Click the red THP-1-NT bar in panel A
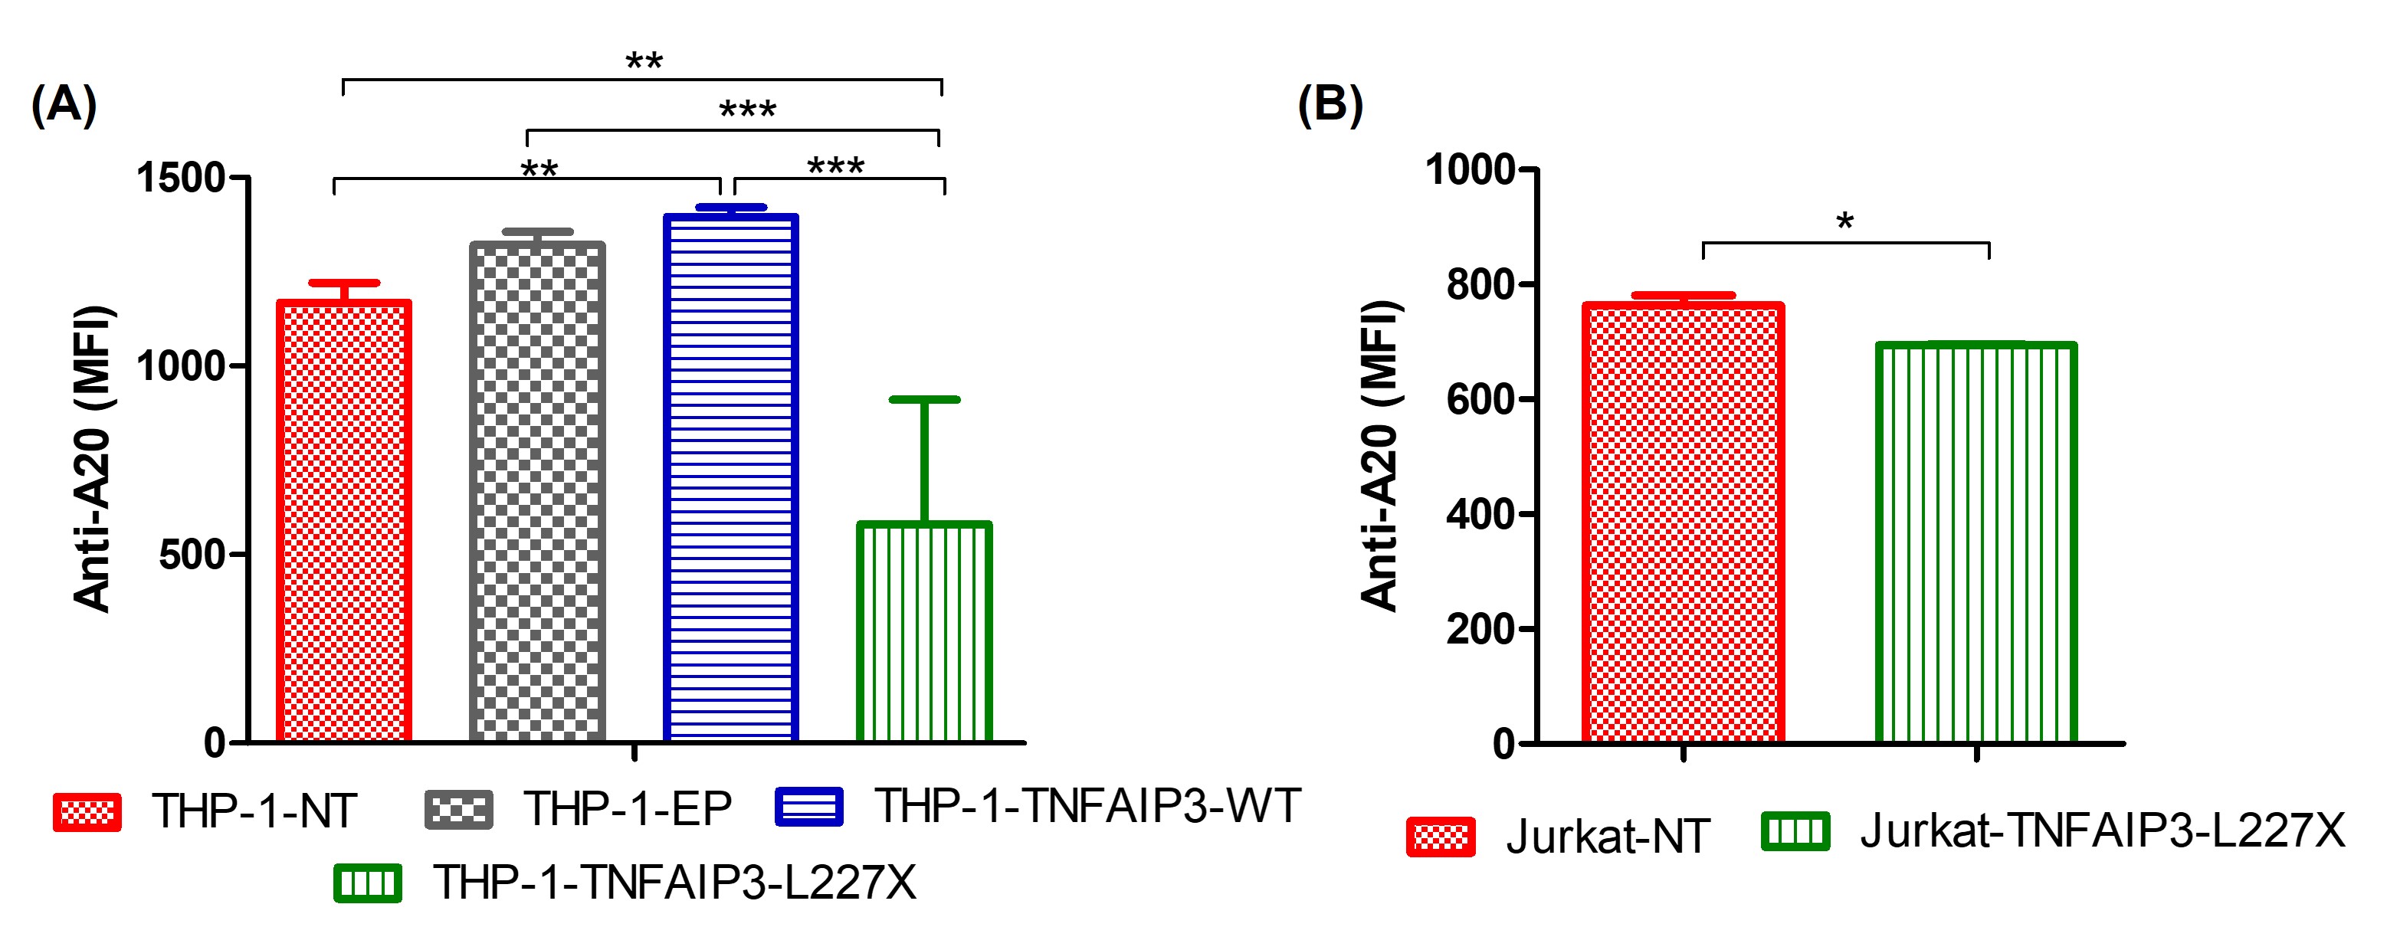[344, 521]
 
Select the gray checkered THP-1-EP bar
[537, 492]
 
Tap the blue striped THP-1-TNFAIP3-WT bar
[731, 478]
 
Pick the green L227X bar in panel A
[925, 632]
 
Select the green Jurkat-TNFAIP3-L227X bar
[1976, 543]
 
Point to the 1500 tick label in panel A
[182, 177]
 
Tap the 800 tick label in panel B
[1480, 284]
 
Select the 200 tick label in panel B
[1480, 629]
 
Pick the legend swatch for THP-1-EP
[459, 809]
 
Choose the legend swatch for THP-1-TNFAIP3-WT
[809, 806]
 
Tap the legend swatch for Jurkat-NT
[1440, 837]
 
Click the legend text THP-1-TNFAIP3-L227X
[674, 883]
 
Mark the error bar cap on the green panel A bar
[925, 399]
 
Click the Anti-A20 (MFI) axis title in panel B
[1380, 456]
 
